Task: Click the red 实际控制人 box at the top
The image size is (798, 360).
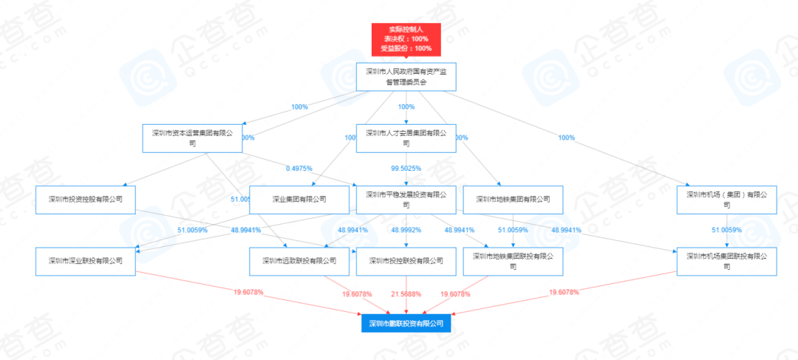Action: pos(406,39)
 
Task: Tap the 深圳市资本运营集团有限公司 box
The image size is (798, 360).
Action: pos(192,138)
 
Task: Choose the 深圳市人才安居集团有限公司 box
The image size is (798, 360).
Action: pos(406,138)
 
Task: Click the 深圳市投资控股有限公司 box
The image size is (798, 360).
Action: pos(85,200)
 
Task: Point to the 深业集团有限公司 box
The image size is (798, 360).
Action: pos(299,200)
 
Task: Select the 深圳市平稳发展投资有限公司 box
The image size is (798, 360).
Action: pos(406,200)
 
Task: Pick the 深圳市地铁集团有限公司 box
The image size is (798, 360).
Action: pos(513,200)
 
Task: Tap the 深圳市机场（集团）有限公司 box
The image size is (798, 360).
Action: pos(727,200)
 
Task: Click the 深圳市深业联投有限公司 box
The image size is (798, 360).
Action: pos(85,261)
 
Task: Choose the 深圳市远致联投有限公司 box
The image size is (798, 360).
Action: pos(299,261)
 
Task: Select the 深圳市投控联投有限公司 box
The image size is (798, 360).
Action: pos(406,261)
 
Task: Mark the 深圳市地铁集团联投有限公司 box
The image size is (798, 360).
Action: pos(513,261)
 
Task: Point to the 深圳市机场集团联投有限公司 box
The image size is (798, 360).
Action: pos(727,261)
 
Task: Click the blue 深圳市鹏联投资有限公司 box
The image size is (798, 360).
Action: pos(406,323)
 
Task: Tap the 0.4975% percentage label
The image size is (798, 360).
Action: pos(299,169)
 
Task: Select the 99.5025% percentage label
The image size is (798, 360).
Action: pos(406,169)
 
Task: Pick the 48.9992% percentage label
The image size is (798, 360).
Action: pos(406,230)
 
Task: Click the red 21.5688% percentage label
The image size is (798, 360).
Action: pos(406,293)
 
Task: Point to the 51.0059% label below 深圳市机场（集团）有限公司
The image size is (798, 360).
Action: pos(727,230)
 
